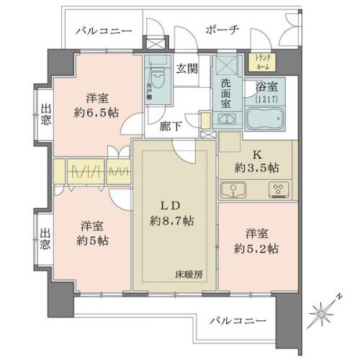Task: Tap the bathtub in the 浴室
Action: point(265,118)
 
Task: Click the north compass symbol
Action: point(322,312)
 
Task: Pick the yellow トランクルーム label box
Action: point(258,61)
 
